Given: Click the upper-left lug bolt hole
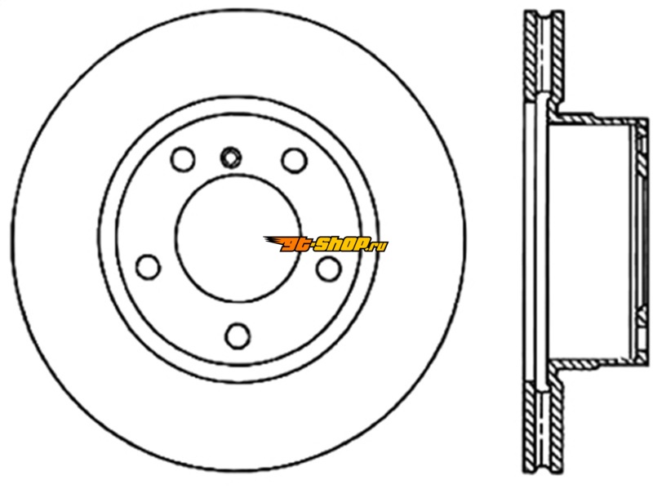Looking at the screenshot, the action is [183, 159].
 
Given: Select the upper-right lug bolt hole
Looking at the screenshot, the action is [295, 160].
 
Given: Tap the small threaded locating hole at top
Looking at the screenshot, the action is [231, 158].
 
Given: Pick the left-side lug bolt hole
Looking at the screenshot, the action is [149, 267].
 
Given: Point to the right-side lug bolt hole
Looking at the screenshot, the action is [329, 269].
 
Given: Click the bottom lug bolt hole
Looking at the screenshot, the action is [238, 336].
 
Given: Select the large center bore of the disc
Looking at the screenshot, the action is [238, 238].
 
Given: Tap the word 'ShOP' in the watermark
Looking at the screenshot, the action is [342, 243].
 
